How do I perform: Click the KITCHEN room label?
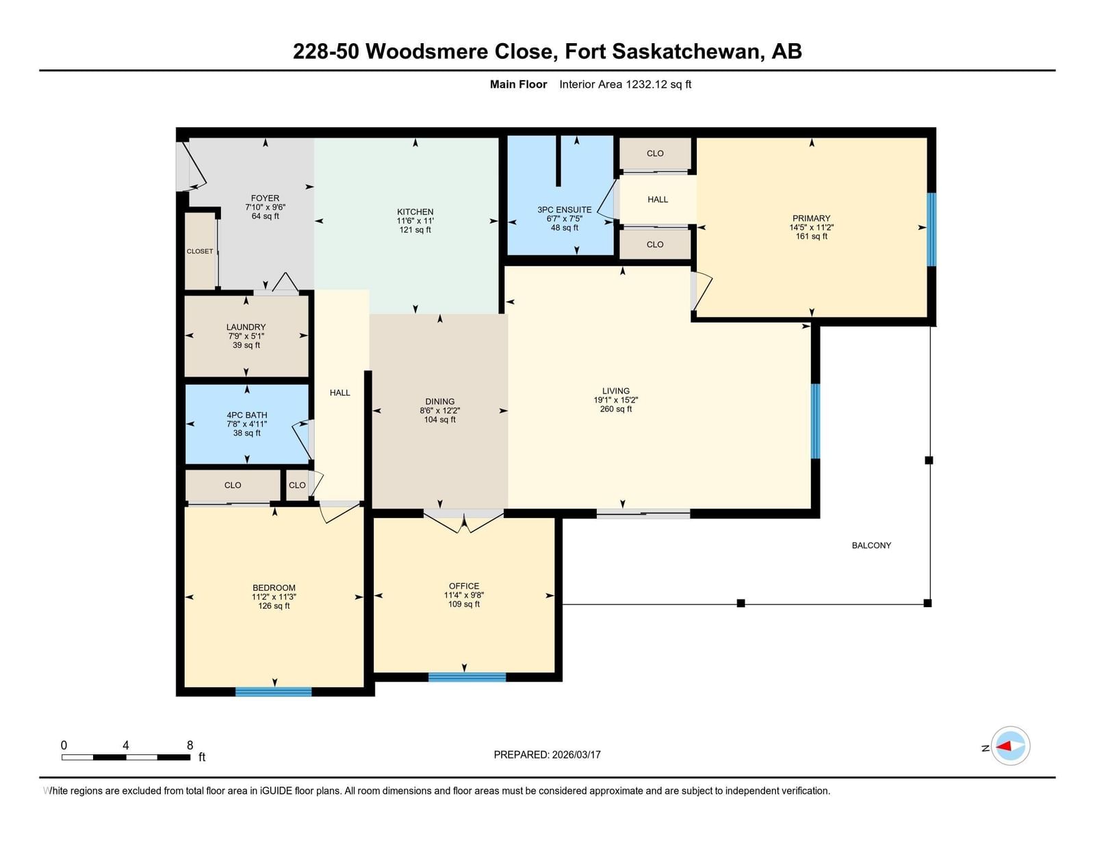[x=415, y=211]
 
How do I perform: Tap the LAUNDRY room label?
[x=246, y=327]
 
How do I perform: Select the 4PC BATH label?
[x=247, y=415]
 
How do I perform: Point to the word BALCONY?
[x=871, y=546]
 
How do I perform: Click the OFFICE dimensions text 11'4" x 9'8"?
[x=463, y=595]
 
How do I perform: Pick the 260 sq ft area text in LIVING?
[x=616, y=409]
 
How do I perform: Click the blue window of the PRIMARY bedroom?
[x=931, y=229]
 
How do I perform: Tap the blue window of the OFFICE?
[x=467, y=677]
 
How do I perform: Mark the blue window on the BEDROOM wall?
[x=274, y=692]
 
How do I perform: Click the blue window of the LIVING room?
[x=815, y=421]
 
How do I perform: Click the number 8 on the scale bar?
[x=190, y=745]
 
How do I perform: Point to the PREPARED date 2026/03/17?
[x=576, y=755]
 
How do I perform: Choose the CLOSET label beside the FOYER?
[x=200, y=251]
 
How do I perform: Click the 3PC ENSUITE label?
[x=565, y=209]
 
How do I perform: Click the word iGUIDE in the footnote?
[x=276, y=791]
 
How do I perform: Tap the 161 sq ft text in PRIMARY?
[x=811, y=236]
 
